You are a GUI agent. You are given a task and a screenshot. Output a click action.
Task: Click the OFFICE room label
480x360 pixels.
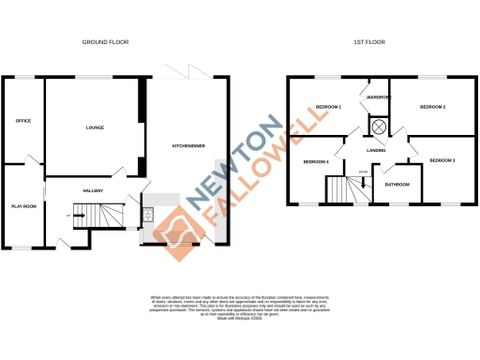pyautogui.click(x=23, y=122)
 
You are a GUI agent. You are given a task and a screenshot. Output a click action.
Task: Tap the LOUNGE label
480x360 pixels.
pyautogui.click(x=95, y=127)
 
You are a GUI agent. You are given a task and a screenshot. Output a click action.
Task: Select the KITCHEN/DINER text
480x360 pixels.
pyautogui.click(x=184, y=145)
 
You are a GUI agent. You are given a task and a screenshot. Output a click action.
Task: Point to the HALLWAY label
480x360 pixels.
pyautogui.click(x=93, y=190)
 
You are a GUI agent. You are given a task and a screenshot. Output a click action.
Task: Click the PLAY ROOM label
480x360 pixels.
pyautogui.click(x=23, y=205)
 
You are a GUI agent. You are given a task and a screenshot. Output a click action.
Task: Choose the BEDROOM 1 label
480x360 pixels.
pyautogui.click(x=327, y=107)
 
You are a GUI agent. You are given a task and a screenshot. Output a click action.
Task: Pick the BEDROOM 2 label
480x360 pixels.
pyautogui.click(x=432, y=107)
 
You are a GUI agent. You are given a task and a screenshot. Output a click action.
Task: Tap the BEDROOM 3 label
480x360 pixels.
pyautogui.click(x=442, y=161)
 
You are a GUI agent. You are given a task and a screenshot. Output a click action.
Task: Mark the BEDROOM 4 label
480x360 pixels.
pyautogui.click(x=316, y=162)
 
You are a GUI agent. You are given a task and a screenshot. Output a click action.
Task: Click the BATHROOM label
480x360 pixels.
pyautogui.click(x=398, y=185)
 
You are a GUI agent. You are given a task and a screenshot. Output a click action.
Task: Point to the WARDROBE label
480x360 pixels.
pyautogui.click(x=379, y=97)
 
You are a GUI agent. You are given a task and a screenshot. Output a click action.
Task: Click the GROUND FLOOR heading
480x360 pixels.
pyautogui.click(x=106, y=42)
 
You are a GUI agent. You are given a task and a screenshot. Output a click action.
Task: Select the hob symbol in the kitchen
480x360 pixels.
pyautogui.click(x=148, y=215)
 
